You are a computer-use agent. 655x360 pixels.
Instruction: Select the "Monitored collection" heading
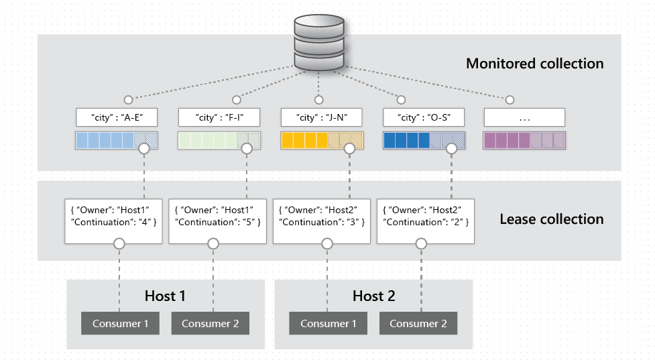pyautogui.click(x=534, y=64)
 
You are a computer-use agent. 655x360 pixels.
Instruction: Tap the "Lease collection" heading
pyautogui.click(x=551, y=219)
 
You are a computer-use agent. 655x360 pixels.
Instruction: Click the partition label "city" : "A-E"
pyautogui.click(x=117, y=118)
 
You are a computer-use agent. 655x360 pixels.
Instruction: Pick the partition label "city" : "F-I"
pyautogui.click(x=219, y=118)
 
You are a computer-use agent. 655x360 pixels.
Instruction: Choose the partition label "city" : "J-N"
pyautogui.click(x=320, y=118)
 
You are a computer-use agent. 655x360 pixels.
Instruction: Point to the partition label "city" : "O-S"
pyautogui.click(x=423, y=118)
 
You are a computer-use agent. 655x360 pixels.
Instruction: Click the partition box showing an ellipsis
pyautogui.click(x=524, y=118)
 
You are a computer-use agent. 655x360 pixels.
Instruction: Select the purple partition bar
pyautogui.click(x=524, y=140)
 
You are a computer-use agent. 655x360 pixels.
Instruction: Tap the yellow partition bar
pyautogui.click(x=320, y=140)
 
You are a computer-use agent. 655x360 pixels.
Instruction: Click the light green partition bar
pyautogui.click(x=219, y=140)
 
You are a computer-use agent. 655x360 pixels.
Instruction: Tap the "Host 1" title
pyautogui.click(x=165, y=296)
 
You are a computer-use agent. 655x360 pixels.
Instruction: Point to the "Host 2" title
pyautogui.click(x=373, y=296)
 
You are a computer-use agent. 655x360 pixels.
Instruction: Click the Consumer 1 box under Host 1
pyautogui.click(x=121, y=324)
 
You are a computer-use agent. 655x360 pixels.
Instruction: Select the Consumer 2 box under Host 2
pyautogui.click(x=418, y=324)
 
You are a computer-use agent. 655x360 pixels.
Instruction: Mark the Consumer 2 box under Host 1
pyautogui.click(x=210, y=324)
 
